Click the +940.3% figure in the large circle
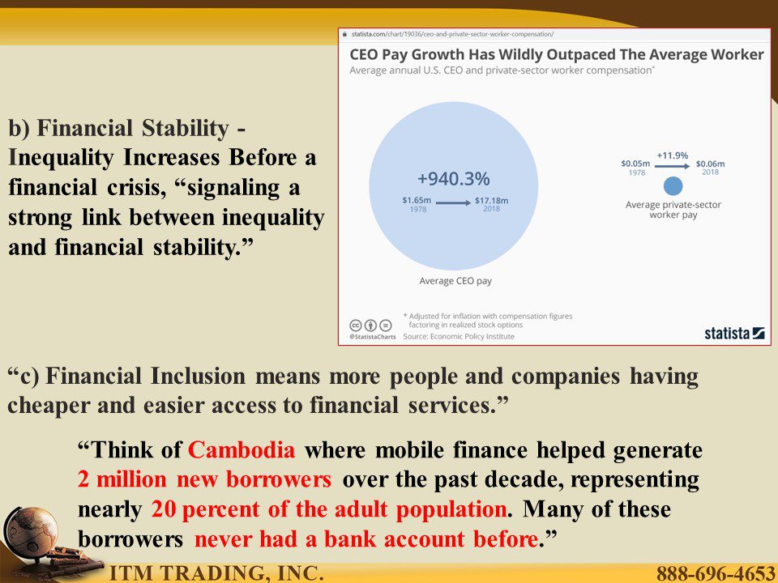click(x=453, y=178)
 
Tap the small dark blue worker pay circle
click(x=673, y=186)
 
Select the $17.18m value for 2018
click(x=491, y=200)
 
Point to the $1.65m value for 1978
click(x=417, y=200)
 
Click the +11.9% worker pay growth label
click(x=673, y=155)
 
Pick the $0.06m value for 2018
click(x=710, y=164)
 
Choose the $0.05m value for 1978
click(x=635, y=164)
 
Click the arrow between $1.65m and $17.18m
click(x=453, y=202)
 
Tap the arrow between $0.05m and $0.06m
click(x=673, y=166)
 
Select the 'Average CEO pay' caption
click(x=455, y=281)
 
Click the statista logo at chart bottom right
click(x=734, y=333)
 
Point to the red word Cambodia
click(x=242, y=450)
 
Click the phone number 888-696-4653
click(x=716, y=573)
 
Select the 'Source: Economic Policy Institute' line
click(x=459, y=336)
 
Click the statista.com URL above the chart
click(x=452, y=34)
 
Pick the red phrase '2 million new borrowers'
click(x=204, y=479)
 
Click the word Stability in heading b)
click(x=185, y=129)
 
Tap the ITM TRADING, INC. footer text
click(x=216, y=573)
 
